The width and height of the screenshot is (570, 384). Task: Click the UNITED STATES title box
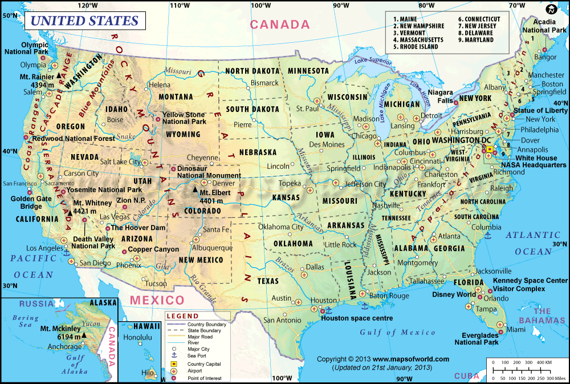tap(84, 21)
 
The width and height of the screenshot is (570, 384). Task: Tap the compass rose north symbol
tap(551, 10)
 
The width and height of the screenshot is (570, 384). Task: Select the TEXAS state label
tap(268, 281)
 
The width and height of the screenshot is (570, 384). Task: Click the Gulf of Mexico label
tap(389, 332)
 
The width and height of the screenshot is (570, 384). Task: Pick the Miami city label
tap(516, 330)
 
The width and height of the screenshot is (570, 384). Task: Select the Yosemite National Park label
tap(104, 190)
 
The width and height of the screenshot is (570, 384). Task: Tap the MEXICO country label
tap(157, 300)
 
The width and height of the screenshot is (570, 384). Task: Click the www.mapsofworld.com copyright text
tap(382, 359)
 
